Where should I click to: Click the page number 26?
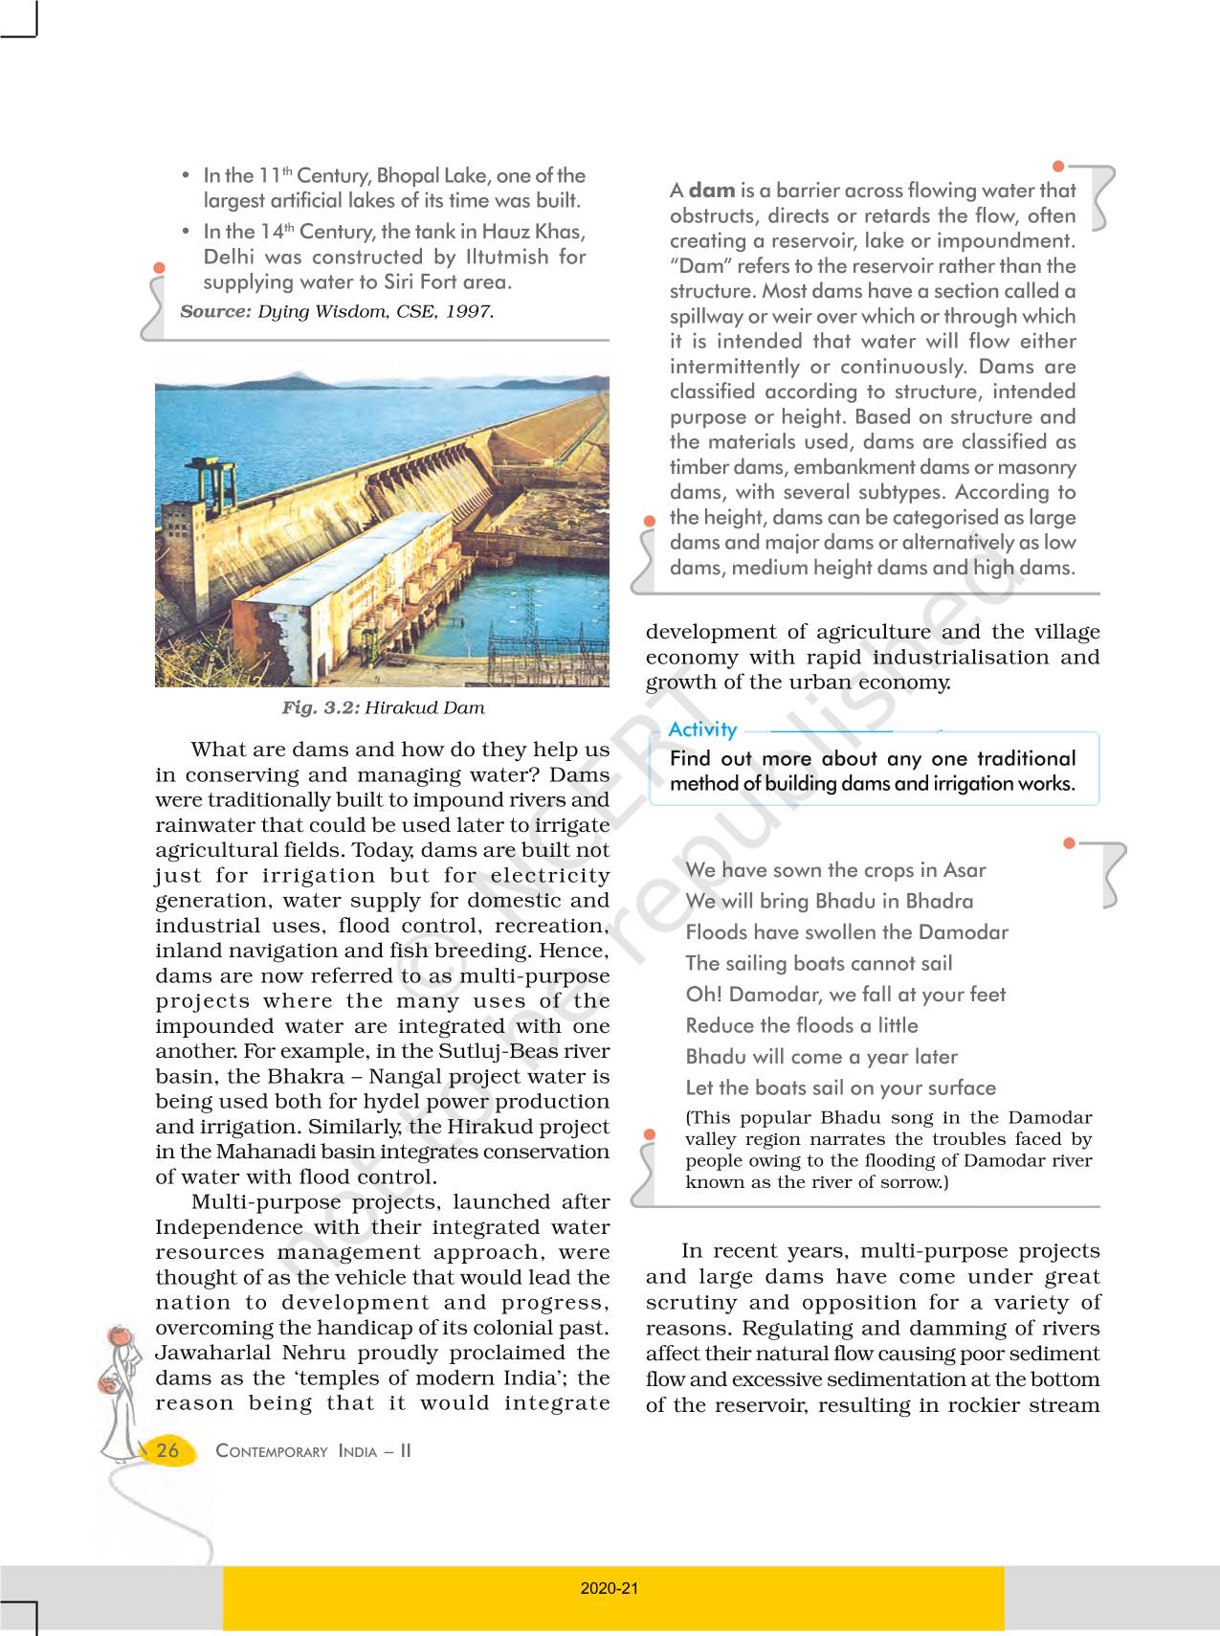(x=167, y=1450)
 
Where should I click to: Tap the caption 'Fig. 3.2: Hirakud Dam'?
(x=383, y=707)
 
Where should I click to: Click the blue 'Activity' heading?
(x=702, y=729)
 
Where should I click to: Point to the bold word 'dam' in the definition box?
(x=712, y=190)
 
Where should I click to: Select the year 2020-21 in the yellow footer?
(x=610, y=1588)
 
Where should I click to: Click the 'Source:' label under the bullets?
(x=215, y=311)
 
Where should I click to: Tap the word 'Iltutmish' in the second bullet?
(x=507, y=257)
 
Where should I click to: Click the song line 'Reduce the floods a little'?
(x=802, y=1025)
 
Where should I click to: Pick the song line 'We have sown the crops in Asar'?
(x=835, y=869)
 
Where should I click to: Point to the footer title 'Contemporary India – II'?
(x=313, y=1451)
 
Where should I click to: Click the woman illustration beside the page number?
(x=120, y=1388)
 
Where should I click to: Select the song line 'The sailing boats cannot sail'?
(x=819, y=963)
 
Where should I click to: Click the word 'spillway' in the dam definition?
(x=705, y=316)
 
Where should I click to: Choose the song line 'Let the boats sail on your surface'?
(x=840, y=1087)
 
